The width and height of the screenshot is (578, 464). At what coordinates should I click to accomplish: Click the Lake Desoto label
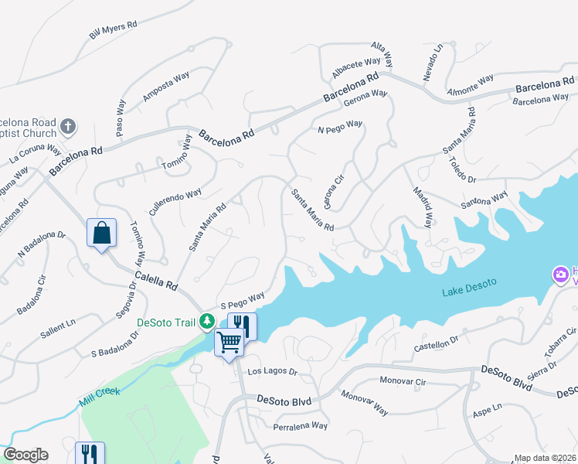(x=468, y=292)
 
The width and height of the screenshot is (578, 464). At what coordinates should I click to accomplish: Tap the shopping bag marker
(x=102, y=232)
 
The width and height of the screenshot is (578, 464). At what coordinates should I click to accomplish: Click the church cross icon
(x=68, y=126)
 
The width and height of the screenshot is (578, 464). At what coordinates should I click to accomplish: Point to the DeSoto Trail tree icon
(x=206, y=321)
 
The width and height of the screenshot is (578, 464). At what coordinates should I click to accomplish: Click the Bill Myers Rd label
(x=113, y=30)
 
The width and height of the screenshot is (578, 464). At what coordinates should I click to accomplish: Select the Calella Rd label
(x=156, y=280)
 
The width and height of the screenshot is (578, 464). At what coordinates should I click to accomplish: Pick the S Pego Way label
(x=243, y=299)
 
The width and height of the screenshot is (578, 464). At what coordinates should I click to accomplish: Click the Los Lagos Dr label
(x=272, y=372)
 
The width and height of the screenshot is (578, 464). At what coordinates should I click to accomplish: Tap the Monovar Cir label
(x=404, y=381)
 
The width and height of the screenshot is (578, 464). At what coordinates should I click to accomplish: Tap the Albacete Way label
(x=356, y=67)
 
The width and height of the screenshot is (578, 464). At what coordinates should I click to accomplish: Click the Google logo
(x=25, y=455)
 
